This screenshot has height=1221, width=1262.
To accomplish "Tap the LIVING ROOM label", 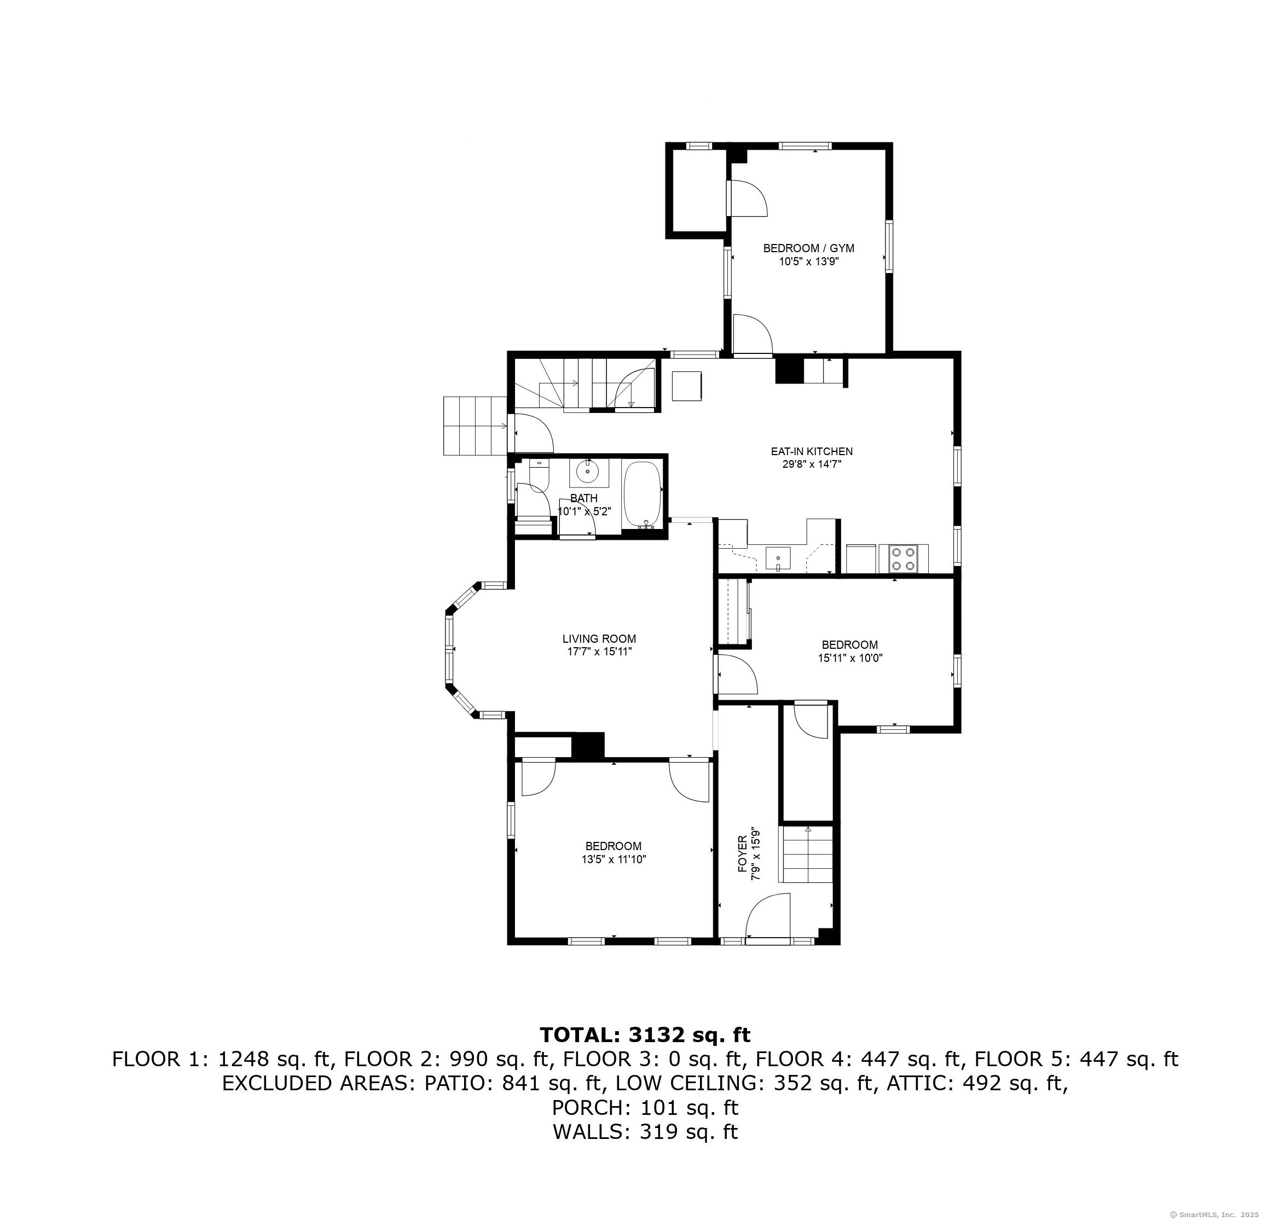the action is coord(599,639).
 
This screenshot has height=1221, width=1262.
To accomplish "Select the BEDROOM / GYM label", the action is coord(809,248).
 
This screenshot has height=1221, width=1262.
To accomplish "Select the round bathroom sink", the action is coord(588,471).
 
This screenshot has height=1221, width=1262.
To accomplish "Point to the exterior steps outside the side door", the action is coord(474,426).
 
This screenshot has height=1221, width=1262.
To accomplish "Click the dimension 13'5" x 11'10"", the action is coord(613,859).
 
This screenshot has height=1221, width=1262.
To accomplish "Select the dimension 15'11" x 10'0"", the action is coord(849,658).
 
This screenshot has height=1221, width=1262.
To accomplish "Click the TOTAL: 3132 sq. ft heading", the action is coord(645,1035).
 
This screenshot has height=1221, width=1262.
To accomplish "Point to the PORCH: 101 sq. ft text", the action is coord(645,1108).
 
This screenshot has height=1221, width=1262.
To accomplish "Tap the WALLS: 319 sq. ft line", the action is coord(645,1131).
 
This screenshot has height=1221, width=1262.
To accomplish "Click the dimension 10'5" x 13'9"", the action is coord(809,261).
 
